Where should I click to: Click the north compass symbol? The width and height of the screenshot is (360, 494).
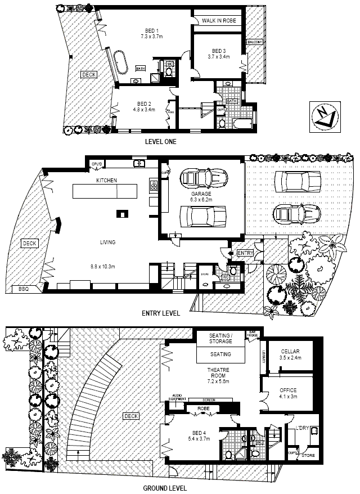click(x=325, y=116)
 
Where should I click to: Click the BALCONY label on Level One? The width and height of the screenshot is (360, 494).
click(x=255, y=42)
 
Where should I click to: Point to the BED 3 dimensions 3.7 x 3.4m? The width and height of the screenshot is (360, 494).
click(x=219, y=56)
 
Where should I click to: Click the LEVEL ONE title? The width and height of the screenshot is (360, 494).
click(x=160, y=142)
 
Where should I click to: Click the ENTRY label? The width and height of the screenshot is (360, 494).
click(x=245, y=254)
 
